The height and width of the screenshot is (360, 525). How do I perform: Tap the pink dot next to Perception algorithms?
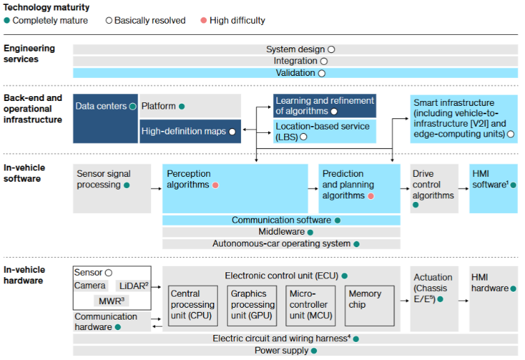pos(216,185)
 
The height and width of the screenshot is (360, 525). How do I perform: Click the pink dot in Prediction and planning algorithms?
pos(371,196)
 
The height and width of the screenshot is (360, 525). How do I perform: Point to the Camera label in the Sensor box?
pos(91,285)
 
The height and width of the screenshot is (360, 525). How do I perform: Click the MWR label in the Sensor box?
pos(111,301)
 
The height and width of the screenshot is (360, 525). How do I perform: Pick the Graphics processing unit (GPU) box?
pos(253,305)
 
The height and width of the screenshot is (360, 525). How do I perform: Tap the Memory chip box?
pos(369,305)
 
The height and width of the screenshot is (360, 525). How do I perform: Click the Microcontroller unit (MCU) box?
pos(311,305)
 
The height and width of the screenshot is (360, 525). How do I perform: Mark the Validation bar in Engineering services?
pos(295,72)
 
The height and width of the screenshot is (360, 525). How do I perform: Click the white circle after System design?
pos(331,49)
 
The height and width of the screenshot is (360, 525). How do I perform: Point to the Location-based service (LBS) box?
pos(324,131)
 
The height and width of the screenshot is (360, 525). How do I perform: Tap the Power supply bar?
pos(295,351)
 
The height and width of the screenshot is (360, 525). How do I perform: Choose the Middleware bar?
pos(281,232)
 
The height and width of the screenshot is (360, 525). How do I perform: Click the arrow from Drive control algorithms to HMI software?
pos(462,188)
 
